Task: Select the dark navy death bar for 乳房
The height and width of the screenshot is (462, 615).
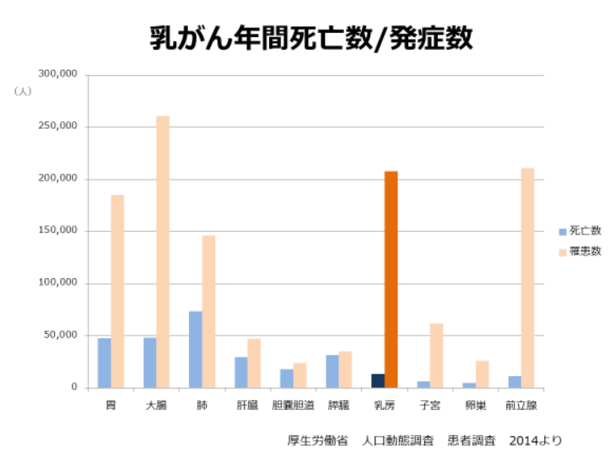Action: (x=378, y=381)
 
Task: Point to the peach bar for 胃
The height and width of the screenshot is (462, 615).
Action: (x=117, y=291)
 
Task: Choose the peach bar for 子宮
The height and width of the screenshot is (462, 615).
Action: (x=436, y=355)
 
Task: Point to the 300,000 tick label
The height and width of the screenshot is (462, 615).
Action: (x=58, y=74)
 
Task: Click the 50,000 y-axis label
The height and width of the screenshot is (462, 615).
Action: (x=62, y=336)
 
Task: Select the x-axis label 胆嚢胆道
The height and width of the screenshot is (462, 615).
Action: (x=293, y=406)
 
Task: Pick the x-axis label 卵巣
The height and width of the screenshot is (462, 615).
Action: (x=475, y=406)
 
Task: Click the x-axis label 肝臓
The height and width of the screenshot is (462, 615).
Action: (x=247, y=406)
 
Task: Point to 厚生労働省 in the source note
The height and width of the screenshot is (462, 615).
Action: (x=317, y=440)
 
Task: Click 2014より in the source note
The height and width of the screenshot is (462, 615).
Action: (x=535, y=440)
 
